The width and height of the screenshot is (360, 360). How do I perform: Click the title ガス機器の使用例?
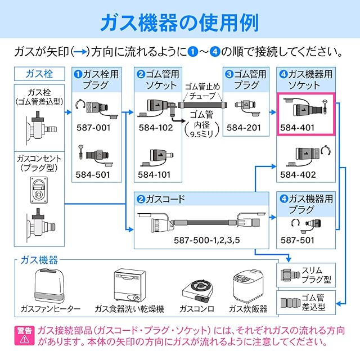coord(179,22)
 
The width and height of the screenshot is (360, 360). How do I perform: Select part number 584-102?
coord(155,128)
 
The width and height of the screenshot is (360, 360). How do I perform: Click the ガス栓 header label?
coord(39,74)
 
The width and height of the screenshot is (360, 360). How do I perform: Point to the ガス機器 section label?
coord(38,260)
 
